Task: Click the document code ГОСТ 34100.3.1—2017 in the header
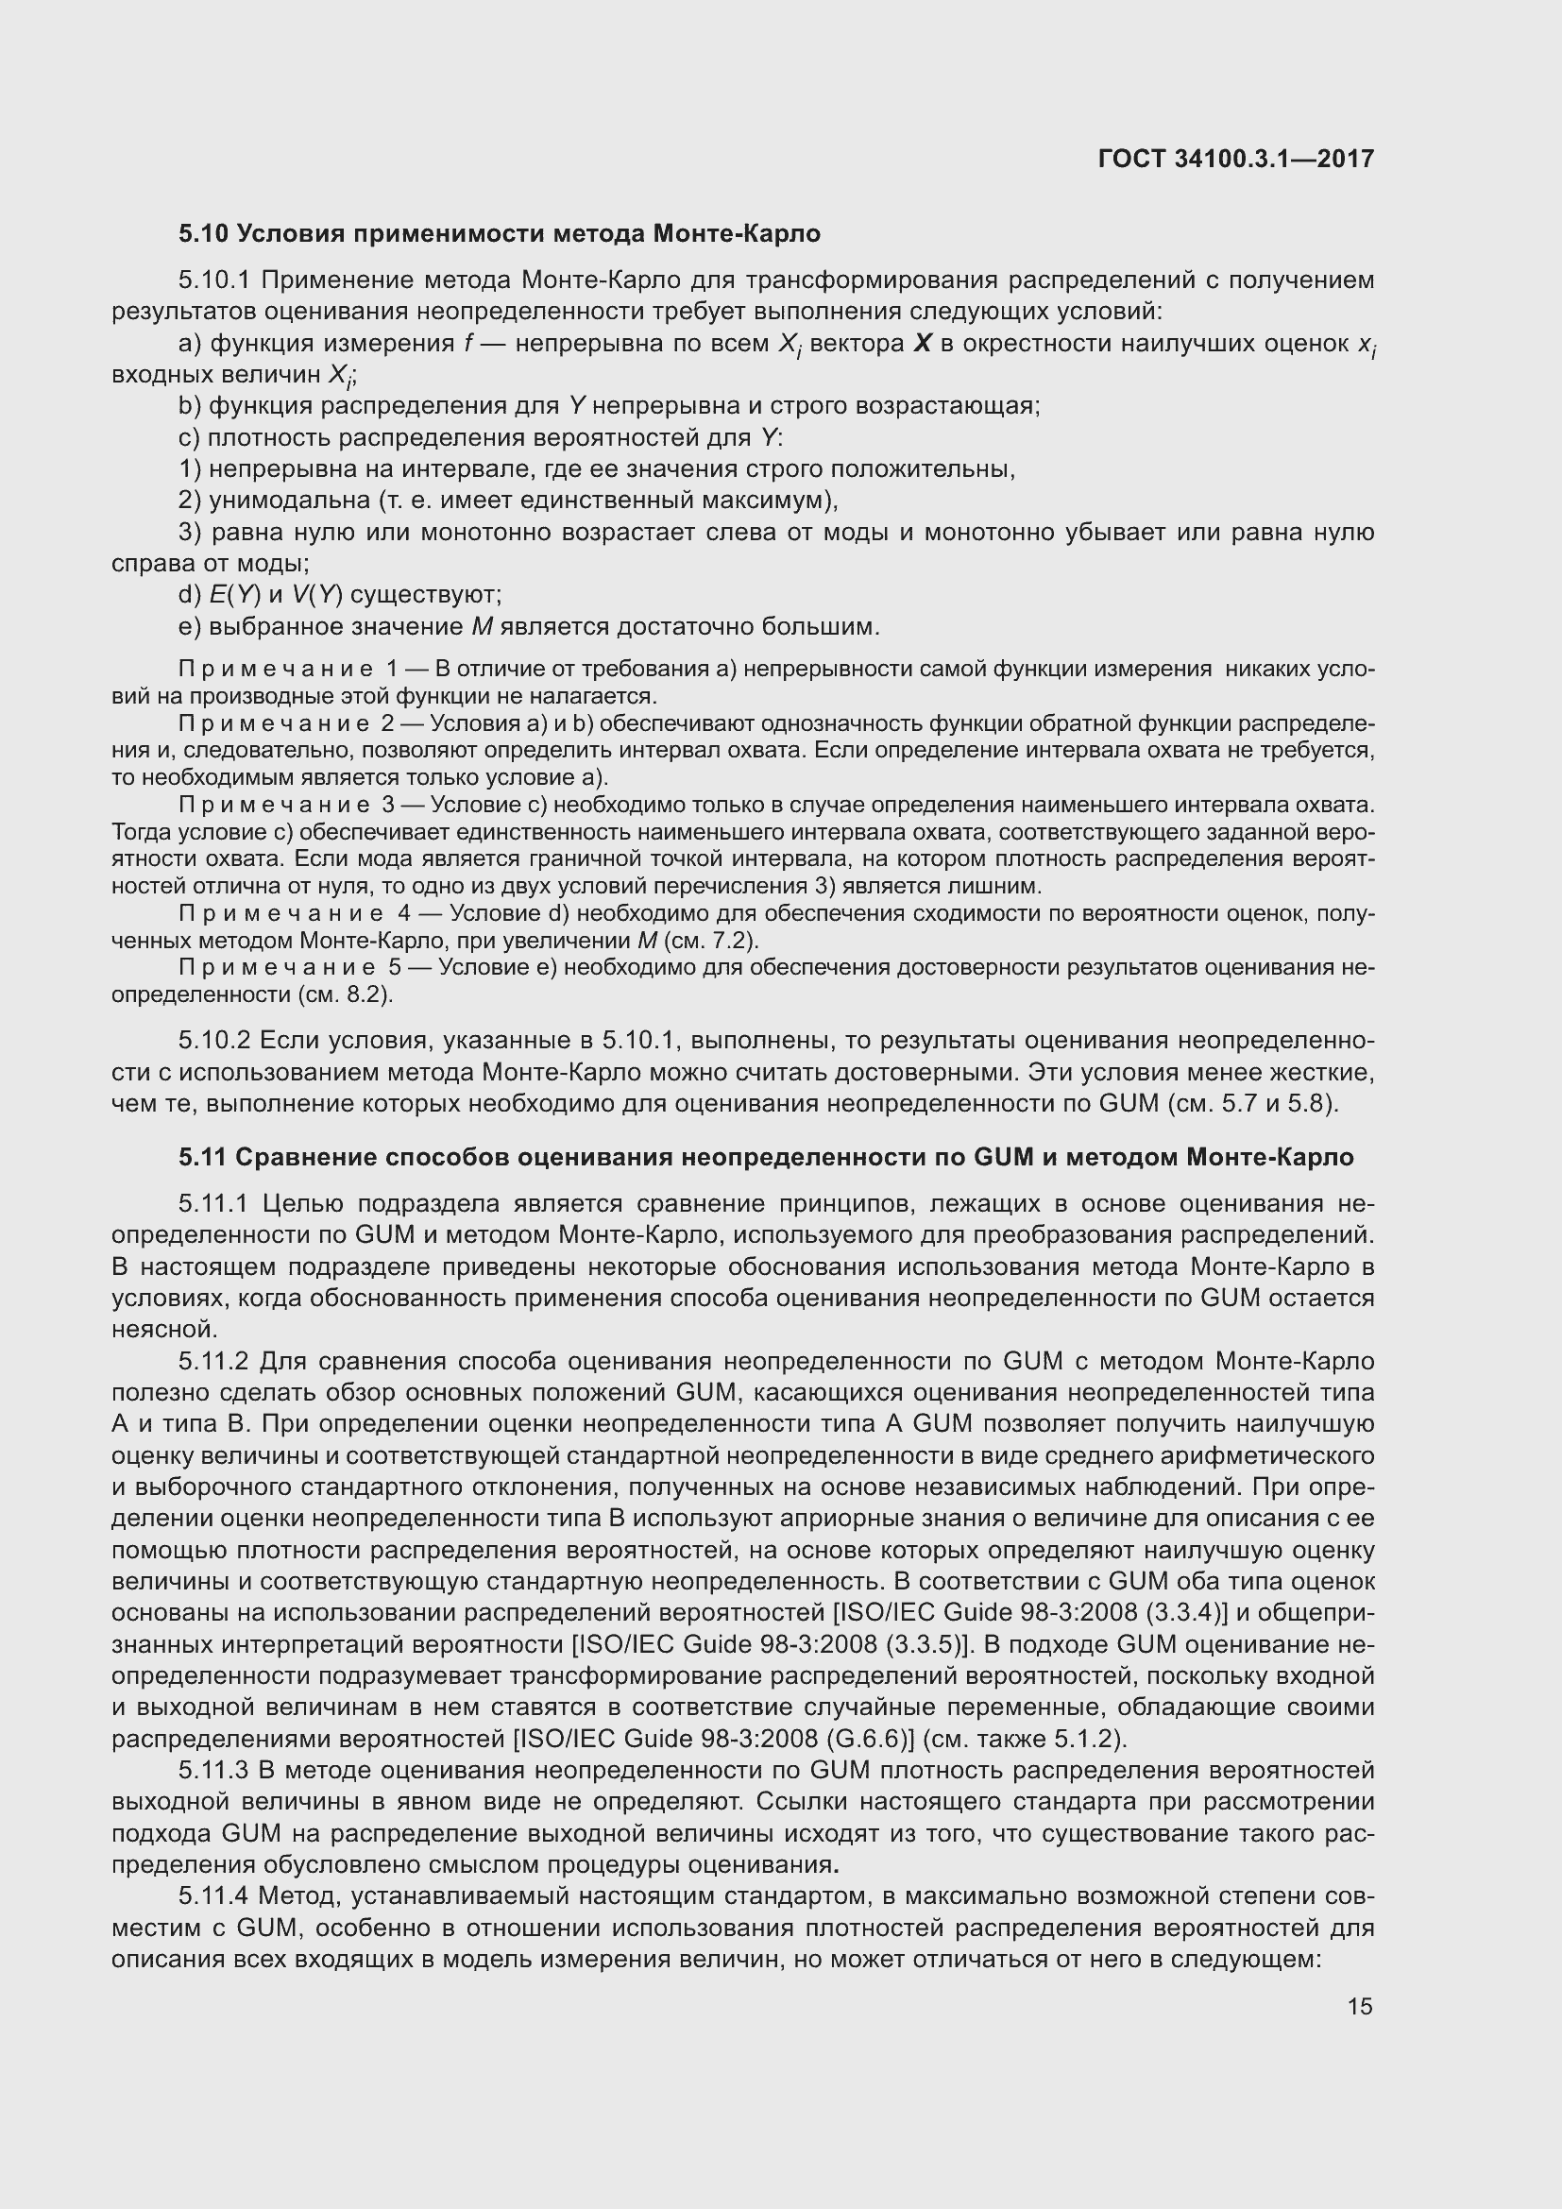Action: [1235, 159]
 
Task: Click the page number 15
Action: [1359, 2006]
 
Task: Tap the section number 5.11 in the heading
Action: [202, 1158]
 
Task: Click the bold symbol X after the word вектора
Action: [923, 344]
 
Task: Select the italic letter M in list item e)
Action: [482, 627]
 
